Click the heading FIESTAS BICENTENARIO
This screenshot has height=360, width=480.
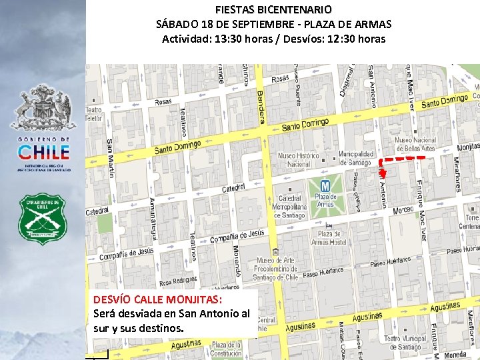click(273, 10)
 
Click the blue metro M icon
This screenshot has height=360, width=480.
click(325, 185)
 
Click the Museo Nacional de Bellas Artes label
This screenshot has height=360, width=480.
click(415, 145)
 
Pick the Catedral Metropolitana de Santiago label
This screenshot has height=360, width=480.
click(289, 207)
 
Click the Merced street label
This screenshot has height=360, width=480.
click(403, 211)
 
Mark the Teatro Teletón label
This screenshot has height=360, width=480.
click(94, 113)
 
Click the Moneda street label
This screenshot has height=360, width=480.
click(455, 355)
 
